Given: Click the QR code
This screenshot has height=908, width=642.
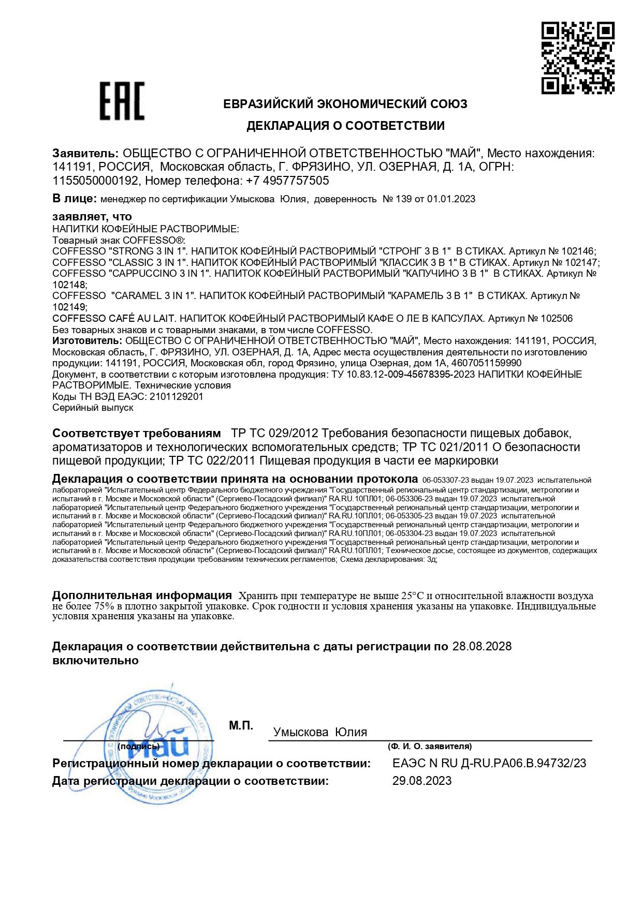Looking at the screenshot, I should (578, 57).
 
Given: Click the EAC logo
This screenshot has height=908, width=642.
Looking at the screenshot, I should (122, 101).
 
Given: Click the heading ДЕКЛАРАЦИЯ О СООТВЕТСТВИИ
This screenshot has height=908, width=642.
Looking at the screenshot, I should (345, 126).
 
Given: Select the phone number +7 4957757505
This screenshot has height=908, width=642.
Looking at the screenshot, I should (287, 181).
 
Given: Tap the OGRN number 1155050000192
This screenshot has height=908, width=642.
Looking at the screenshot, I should (96, 181).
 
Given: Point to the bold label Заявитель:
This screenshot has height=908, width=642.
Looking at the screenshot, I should (85, 153).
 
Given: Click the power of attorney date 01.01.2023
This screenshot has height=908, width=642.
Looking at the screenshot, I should (451, 199).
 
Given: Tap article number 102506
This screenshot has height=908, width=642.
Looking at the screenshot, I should (557, 318).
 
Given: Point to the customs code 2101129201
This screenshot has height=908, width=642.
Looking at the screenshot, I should (176, 397).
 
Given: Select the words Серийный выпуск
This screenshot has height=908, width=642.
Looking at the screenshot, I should (93, 408).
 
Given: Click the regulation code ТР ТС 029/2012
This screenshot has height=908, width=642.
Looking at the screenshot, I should (274, 433).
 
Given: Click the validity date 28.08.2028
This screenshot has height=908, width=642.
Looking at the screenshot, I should (481, 646).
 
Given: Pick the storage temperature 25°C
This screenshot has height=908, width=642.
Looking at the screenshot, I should (413, 596).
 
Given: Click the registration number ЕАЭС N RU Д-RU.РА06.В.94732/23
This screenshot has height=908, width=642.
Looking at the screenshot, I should (489, 763).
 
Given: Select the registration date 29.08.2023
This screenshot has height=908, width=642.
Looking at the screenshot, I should (421, 781).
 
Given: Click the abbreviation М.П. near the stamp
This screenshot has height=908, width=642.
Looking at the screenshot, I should (241, 726).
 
